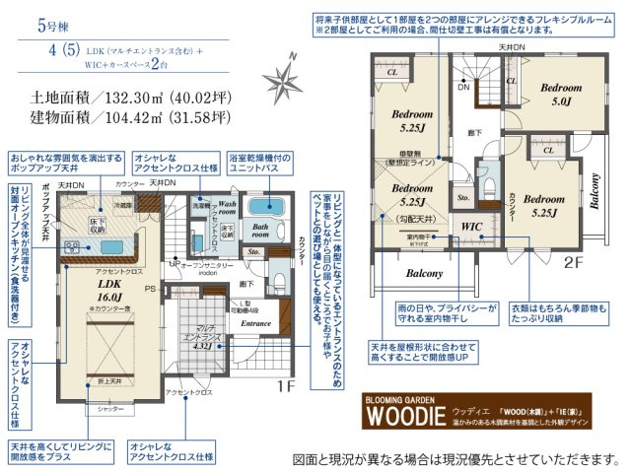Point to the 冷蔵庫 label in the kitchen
(121, 205)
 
